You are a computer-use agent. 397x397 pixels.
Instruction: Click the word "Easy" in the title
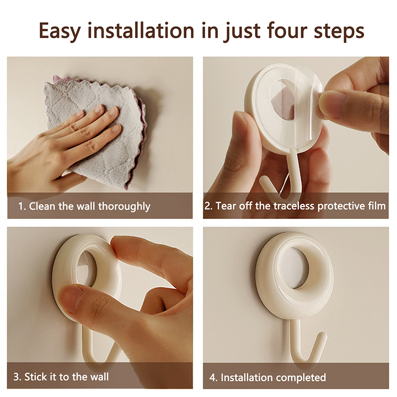(x=60, y=31)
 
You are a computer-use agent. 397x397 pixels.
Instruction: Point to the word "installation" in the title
(x=141, y=30)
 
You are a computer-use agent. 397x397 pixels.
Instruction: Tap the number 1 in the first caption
(x=21, y=206)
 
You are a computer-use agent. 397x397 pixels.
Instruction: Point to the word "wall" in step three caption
(x=100, y=377)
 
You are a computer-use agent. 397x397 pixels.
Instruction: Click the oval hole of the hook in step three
(x=86, y=269)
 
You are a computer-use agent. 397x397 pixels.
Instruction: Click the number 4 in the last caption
(x=212, y=378)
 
